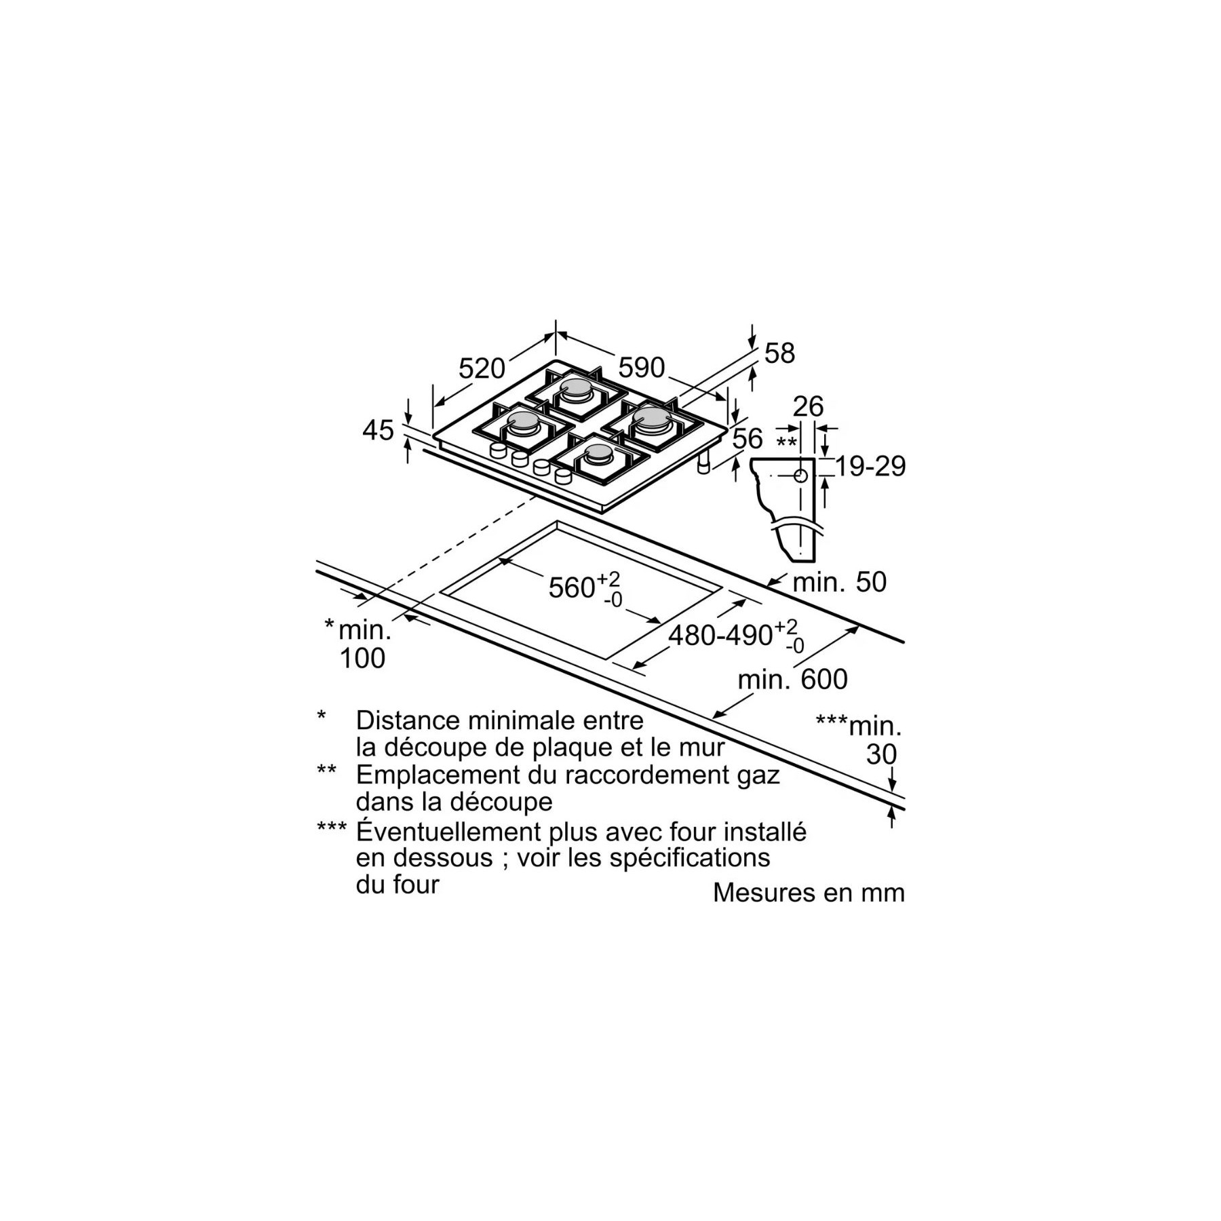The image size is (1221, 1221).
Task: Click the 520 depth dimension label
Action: [482, 368]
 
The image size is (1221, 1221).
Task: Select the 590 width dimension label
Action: [642, 368]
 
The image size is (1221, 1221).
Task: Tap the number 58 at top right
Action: [779, 353]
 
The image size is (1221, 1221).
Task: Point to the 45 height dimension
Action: [378, 430]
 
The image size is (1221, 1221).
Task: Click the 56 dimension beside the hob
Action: [748, 439]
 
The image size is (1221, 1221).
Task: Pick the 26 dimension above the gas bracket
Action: [808, 406]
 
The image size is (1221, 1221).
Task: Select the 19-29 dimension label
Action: [870, 467]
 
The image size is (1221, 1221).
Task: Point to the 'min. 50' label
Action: [840, 582]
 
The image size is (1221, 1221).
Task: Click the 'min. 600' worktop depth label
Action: [793, 680]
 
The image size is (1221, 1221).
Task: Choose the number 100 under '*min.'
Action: [362, 658]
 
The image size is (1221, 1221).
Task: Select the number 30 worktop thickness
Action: [882, 754]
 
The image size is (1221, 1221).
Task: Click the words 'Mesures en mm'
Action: [809, 893]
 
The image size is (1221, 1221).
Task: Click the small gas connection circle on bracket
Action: [800, 476]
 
